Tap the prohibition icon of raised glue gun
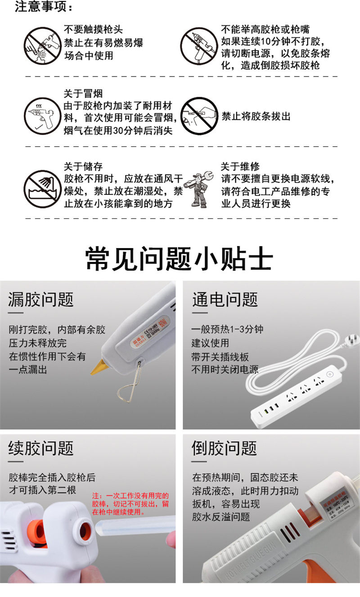coord(199,46)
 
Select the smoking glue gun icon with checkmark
coord(42,116)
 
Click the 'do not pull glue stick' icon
coord(199,116)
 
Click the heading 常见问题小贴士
coord(180,259)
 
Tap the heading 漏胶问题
coord(41,300)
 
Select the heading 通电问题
coord(225,300)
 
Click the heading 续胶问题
coord(41,448)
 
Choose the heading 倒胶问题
coord(225,448)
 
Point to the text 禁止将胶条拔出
coord(256,117)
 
